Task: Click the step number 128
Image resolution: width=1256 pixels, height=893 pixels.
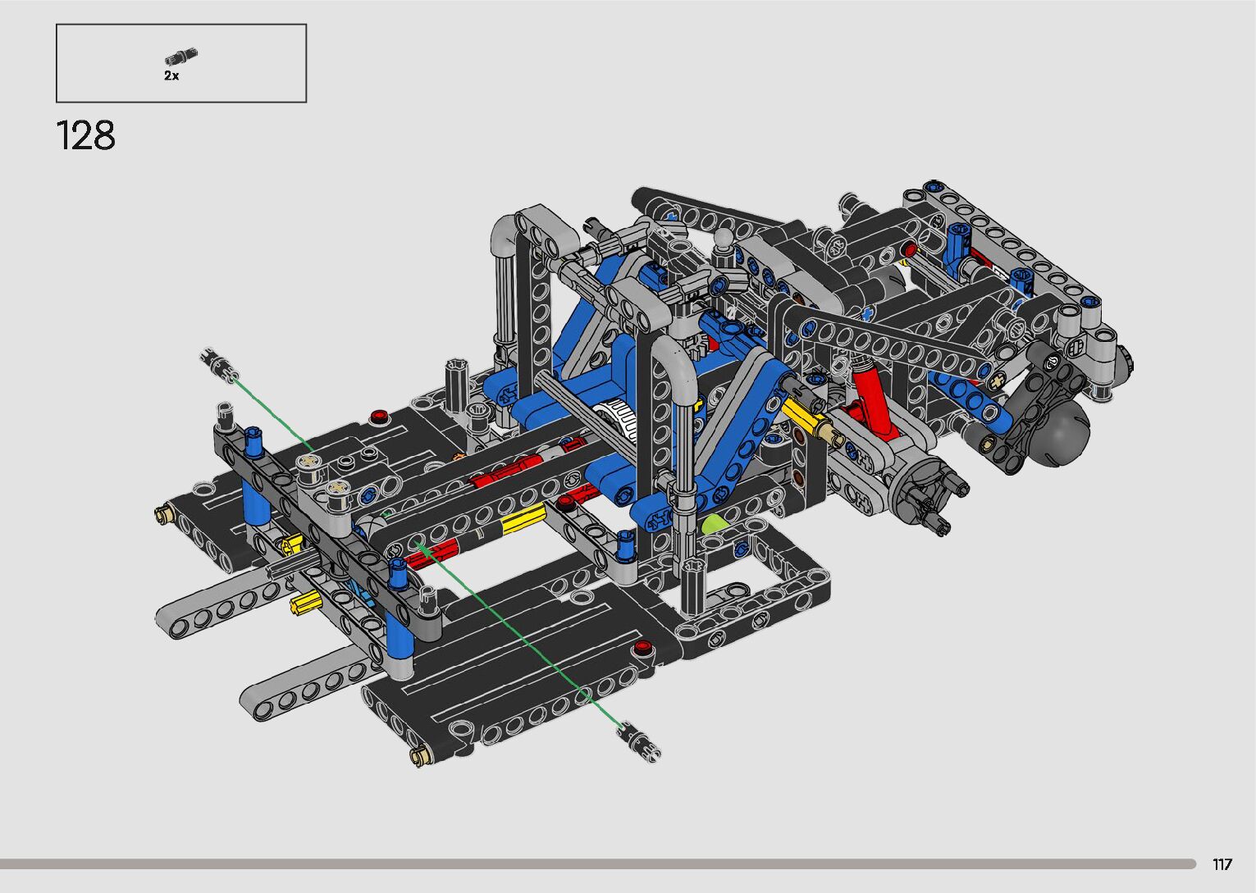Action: click(86, 135)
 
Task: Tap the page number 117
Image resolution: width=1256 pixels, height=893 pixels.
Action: click(1222, 864)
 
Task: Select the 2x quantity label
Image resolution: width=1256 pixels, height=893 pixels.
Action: click(171, 75)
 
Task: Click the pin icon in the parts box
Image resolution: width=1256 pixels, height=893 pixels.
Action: click(181, 57)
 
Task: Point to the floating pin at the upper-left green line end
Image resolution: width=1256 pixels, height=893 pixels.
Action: click(219, 366)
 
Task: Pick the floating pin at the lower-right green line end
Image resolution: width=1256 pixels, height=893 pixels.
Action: click(638, 742)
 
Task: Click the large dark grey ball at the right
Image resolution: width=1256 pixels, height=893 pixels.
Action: click(1062, 430)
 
